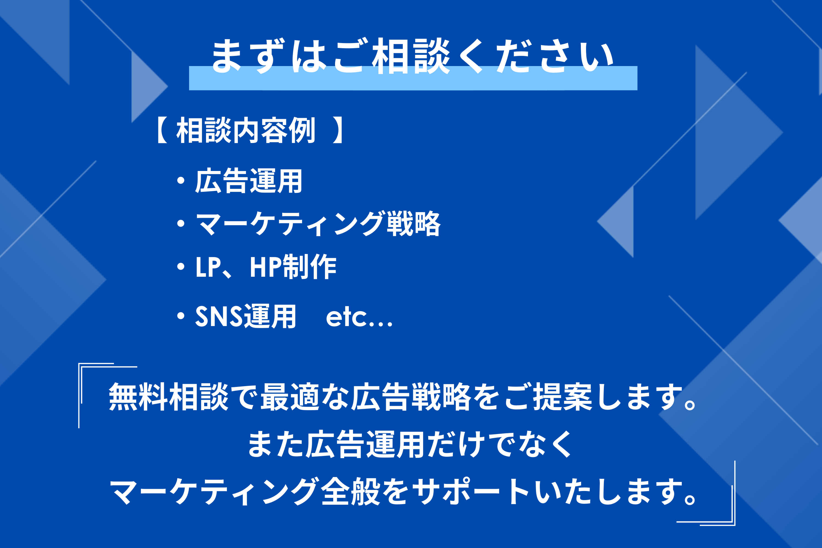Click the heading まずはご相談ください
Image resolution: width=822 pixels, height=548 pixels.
[412, 56]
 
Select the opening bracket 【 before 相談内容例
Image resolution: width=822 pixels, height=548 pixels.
[162, 130]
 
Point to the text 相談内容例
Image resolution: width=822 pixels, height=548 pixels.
[246, 130]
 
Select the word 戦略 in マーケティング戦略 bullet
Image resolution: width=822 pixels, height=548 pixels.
[413, 223]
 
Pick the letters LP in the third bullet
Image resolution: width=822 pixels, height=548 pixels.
[208, 267]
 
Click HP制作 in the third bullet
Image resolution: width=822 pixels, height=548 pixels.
[293, 266]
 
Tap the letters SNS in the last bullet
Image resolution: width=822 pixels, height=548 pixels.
[218, 316]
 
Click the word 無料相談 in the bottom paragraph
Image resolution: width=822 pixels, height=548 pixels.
[169, 397]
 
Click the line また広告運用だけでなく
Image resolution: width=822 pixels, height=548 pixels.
[410, 444]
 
